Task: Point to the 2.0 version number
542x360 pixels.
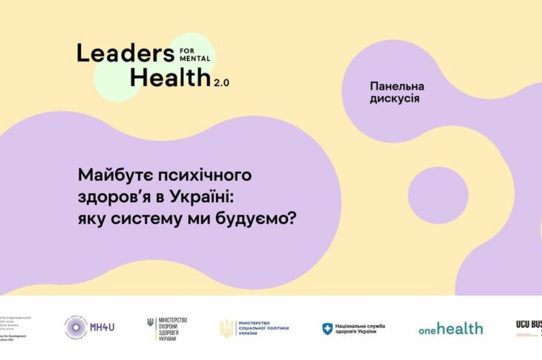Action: coord(222,83)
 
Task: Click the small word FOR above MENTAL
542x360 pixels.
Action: coord(190,48)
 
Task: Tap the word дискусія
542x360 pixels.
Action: coord(394,99)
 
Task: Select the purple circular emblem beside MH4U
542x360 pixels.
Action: coord(76,327)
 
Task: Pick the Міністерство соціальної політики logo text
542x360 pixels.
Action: coord(263,327)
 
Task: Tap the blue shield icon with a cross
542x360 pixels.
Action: coord(327,328)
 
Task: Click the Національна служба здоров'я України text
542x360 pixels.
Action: coord(367,328)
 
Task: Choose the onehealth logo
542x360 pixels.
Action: coord(450,328)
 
